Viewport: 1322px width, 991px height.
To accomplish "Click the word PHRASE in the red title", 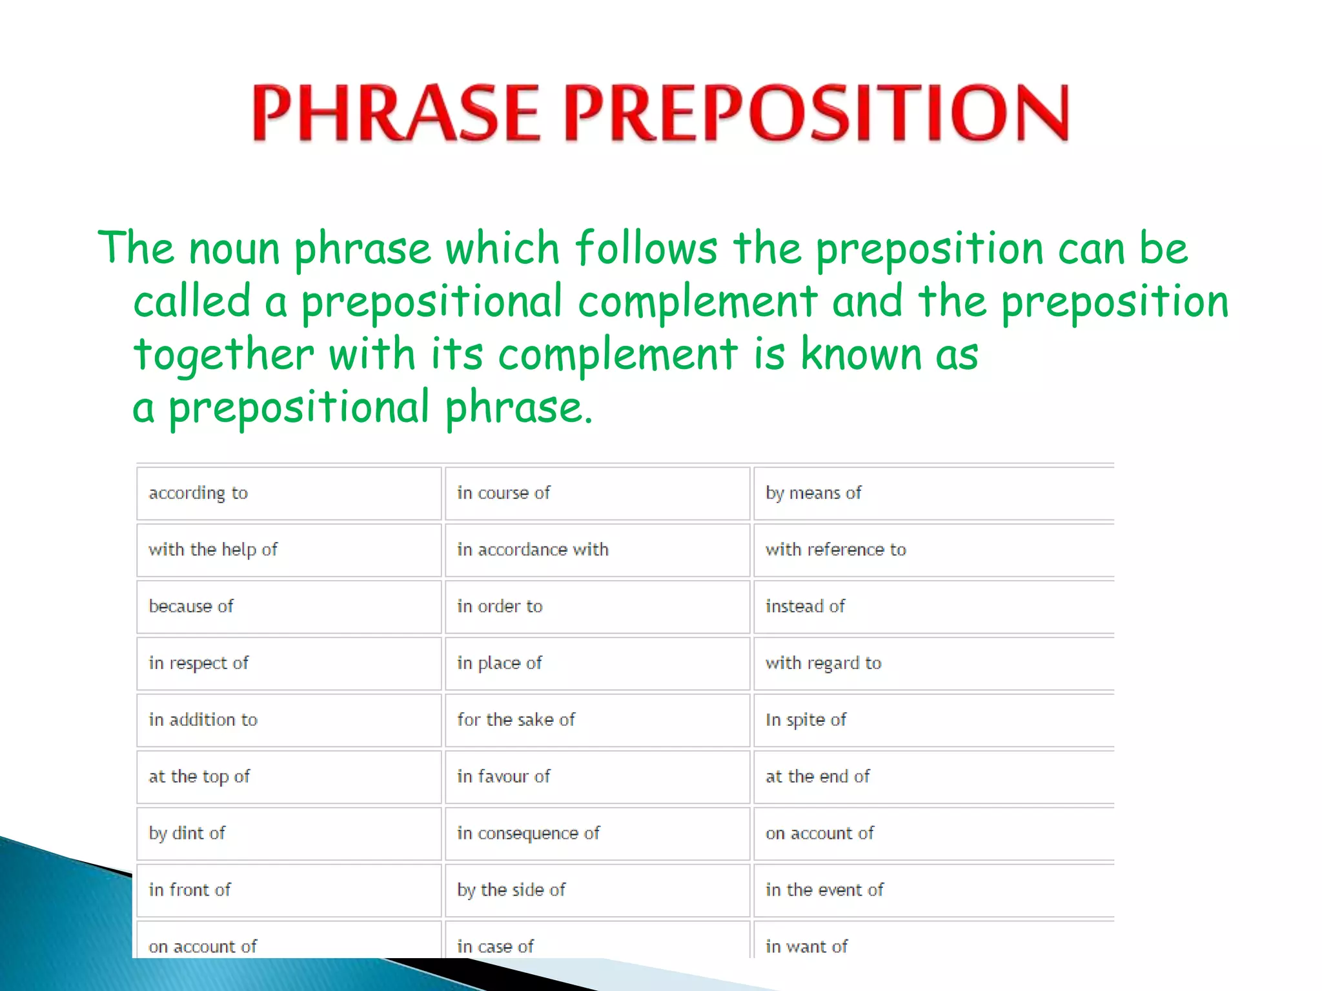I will point(395,113).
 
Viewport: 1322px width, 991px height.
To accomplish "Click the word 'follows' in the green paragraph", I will point(646,248).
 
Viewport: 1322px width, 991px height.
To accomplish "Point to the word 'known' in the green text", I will point(860,354).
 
